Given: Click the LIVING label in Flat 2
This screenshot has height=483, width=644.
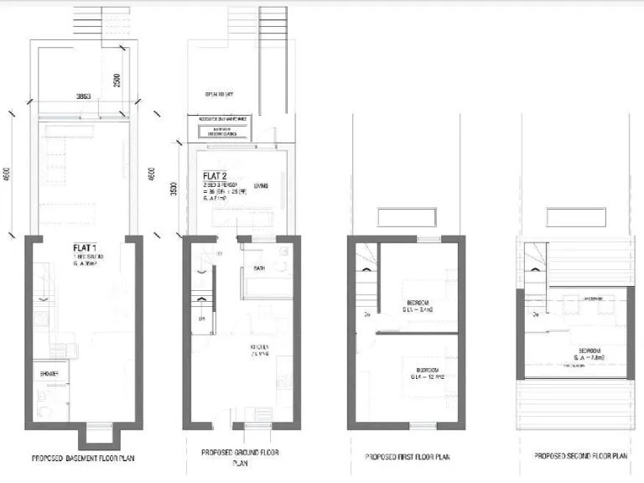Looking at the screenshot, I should tap(259, 185).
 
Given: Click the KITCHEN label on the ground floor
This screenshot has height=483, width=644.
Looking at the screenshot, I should tap(259, 348).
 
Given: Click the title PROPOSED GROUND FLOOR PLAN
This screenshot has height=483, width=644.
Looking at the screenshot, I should tap(241, 457).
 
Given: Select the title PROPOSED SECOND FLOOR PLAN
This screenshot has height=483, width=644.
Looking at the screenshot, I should tap(580, 455).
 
